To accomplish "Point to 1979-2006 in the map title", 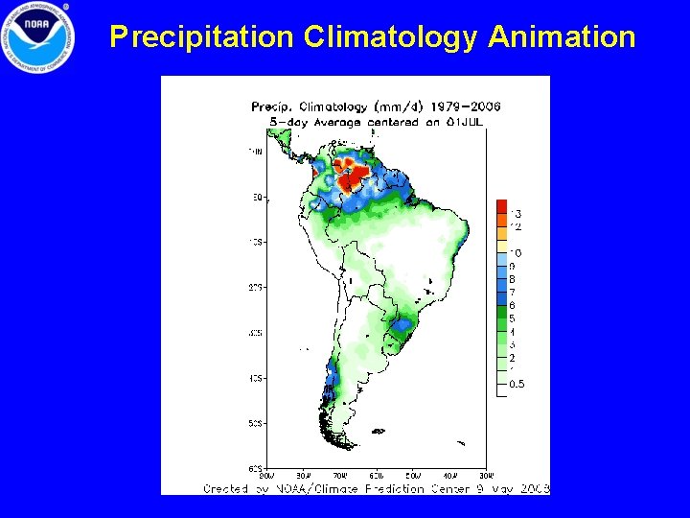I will pyautogui.click(x=468, y=106).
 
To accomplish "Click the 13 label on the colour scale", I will pyautogui.click(x=516, y=213).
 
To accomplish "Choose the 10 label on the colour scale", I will pyautogui.click(x=516, y=252).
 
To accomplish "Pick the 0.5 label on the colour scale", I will pyautogui.click(x=517, y=384).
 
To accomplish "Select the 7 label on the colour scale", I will pyautogui.click(x=512, y=292).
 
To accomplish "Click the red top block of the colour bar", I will pyautogui.click(x=501, y=206).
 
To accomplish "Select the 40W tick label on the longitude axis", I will pyautogui.click(x=450, y=474).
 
